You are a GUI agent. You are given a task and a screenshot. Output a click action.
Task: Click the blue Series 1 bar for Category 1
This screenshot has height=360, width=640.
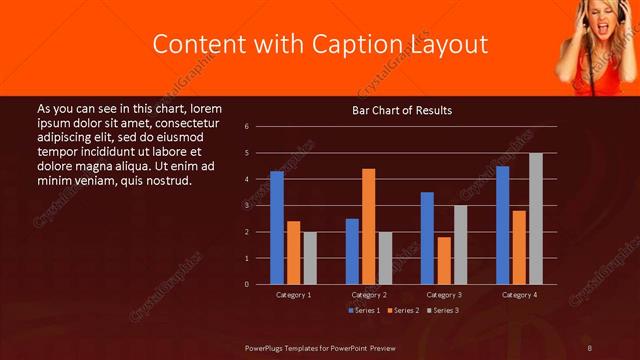(x=277, y=228)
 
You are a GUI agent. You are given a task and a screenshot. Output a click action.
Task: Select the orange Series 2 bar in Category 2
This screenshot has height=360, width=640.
(x=369, y=226)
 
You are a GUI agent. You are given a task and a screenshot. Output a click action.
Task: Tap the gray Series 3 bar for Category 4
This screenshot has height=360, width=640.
(x=536, y=218)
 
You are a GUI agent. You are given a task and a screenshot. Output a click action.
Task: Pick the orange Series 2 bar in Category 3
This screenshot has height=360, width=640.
(x=444, y=260)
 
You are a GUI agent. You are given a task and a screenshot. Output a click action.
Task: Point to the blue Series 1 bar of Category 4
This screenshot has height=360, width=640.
(x=502, y=225)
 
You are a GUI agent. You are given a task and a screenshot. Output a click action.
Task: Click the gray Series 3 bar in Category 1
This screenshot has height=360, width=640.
(x=310, y=258)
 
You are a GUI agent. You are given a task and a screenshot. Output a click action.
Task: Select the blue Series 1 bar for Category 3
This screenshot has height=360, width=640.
(x=427, y=238)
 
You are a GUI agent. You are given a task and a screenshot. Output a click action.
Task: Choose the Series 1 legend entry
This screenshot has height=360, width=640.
(x=363, y=310)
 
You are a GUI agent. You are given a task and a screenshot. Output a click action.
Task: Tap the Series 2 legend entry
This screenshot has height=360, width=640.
(x=402, y=310)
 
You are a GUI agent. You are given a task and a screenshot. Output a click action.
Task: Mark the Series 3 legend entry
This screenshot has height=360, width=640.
(x=442, y=310)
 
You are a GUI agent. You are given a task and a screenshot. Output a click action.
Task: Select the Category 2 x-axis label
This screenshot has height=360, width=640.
(x=369, y=295)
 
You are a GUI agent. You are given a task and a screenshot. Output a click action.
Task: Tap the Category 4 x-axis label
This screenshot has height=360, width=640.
(x=519, y=295)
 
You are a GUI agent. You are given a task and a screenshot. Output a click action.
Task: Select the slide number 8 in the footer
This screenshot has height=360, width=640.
(x=590, y=347)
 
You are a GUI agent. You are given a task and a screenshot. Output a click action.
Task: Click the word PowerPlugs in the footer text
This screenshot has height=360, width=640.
(x=265, y=347)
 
